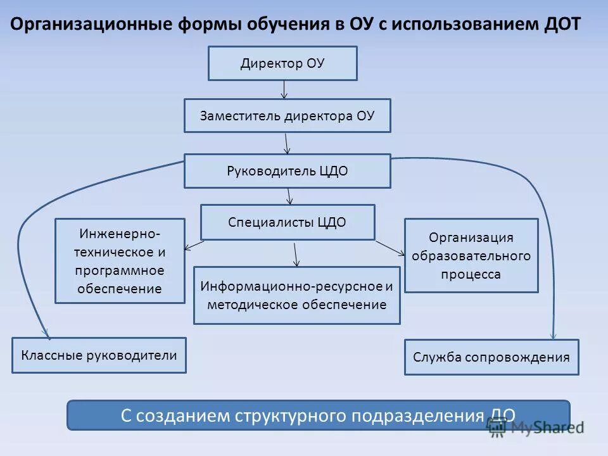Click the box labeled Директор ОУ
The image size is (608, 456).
point(282,63)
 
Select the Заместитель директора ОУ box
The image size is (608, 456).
point(288,115)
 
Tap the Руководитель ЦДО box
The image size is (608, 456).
point(288,171)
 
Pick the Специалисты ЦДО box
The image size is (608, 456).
point(288,222)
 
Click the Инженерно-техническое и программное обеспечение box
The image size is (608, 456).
point(120,261)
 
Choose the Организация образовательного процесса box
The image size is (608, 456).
point(471,256)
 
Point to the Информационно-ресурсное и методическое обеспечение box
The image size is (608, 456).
point(296,295)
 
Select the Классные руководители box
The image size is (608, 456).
point(99,355)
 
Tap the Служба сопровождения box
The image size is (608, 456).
point(491,357)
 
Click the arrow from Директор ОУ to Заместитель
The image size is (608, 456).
point(284,89)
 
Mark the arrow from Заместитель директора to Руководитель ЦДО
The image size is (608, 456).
point(287,143)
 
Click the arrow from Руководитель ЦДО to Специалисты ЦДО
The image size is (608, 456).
point(289,196)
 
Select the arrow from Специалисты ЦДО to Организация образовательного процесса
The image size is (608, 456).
point(390,248)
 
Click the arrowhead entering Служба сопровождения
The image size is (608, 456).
point(554,334)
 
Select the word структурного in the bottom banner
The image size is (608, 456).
point(290,415)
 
